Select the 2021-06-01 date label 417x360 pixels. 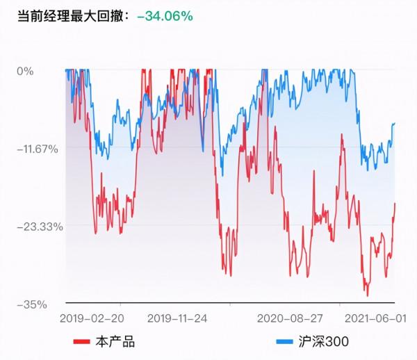[x=375, y=319]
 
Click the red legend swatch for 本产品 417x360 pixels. [x=83, y=341]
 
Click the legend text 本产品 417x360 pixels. [x=115, y=341]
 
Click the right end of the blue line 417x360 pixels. [x=395, y=123]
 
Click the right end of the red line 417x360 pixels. [x=395, y=203]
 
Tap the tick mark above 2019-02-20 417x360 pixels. [x=121, y=304]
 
